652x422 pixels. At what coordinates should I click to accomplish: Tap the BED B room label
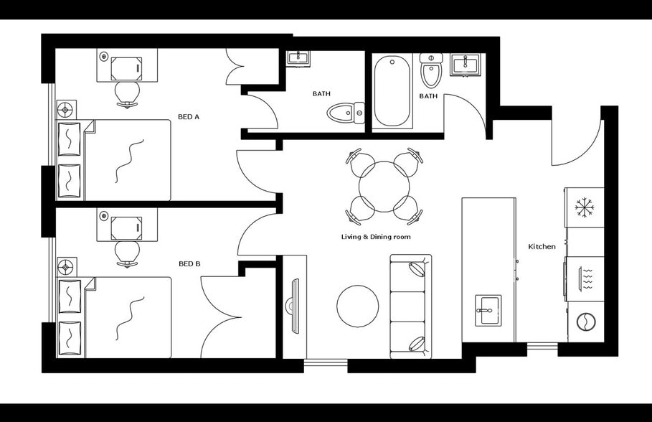coord(189,264)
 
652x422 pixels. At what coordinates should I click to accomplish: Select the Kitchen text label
coord(542,247)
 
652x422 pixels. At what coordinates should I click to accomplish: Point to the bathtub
coord(392,91)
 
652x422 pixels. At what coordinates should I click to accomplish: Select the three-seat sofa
coord(411,306)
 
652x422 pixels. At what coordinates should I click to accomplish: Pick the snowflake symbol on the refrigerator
coord(585,207)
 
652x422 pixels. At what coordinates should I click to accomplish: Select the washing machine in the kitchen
coord(585,322)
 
